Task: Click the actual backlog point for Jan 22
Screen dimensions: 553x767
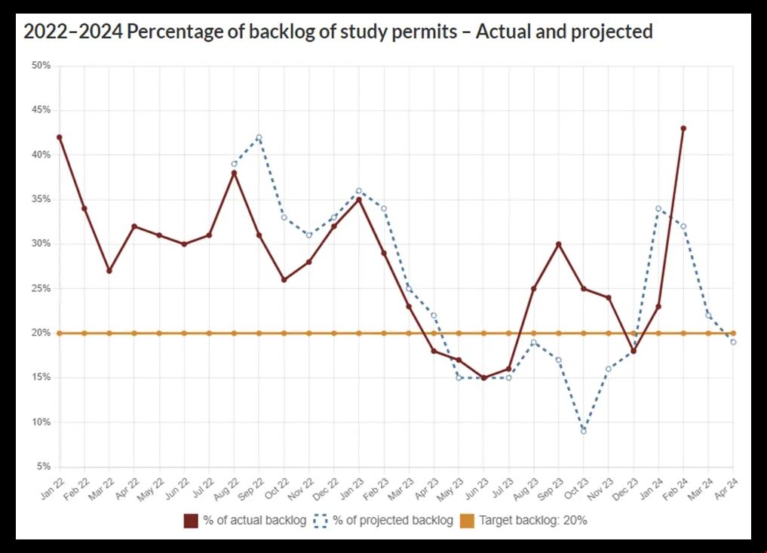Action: tap(60, 137)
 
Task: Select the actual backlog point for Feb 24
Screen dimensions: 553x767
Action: tap(683, 128)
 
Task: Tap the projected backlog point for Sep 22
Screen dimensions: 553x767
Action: tap(259, 137)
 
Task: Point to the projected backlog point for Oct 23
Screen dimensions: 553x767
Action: tap(584, 431)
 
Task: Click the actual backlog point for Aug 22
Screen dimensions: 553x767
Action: tap(234, 173)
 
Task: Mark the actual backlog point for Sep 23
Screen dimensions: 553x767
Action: tap(559, 244)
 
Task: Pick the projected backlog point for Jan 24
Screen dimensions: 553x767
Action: tap(658, 208)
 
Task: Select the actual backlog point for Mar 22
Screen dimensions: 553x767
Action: tap(109, 271)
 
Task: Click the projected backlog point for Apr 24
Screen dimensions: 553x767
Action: tap(733, 342)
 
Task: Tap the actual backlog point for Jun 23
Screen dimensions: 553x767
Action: tap(483, 378)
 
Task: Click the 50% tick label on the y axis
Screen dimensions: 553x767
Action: tap(41, 66)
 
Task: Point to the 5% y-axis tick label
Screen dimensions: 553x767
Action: tap(43, 467)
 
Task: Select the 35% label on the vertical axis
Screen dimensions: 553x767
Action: tap(41, 200)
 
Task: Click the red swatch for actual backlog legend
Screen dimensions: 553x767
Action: tap(191, 521)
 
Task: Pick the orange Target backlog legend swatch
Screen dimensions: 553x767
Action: tap(467, 521)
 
